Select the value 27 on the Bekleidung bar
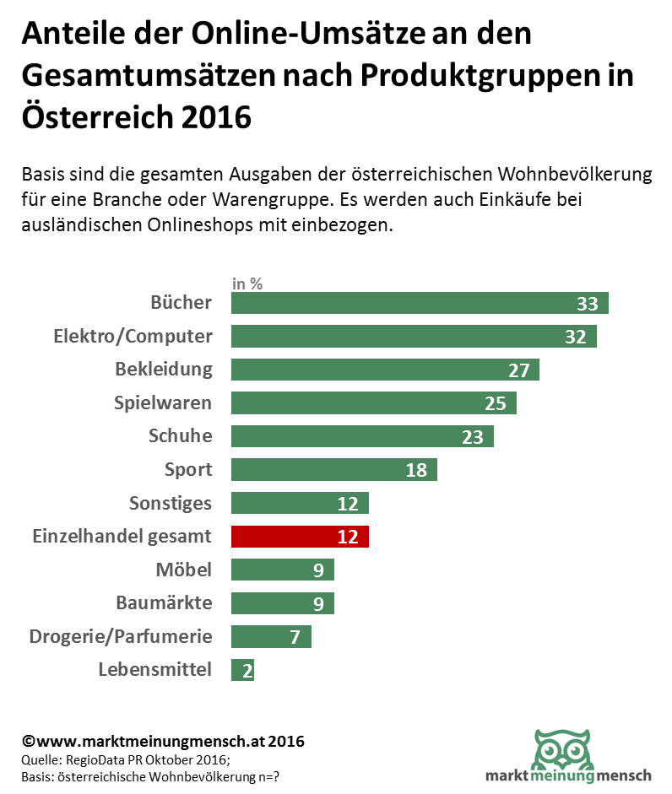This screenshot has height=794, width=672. coord(519,370)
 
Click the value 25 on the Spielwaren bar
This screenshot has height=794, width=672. coord(496,403)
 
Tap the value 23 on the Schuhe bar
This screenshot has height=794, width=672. coord(473,437)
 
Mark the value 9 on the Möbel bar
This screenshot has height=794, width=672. coord(319,570)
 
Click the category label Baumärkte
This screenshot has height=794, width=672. coord(164,603)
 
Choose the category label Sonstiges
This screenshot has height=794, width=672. coord(170,504)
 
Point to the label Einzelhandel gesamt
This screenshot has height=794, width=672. coord(122,537)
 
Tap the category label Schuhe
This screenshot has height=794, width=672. coord(180,436)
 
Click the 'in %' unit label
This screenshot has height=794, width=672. coord(247,284)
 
